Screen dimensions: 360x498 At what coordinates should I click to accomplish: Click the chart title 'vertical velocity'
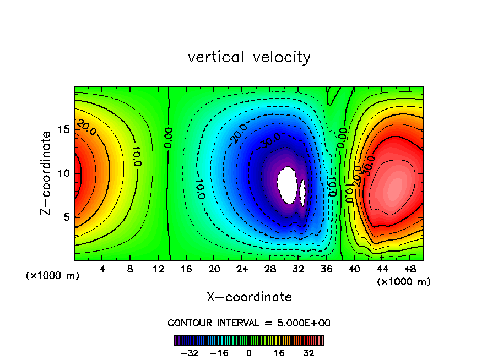[x=249, y=57]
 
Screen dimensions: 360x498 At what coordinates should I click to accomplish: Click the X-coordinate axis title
[x=249, y=297]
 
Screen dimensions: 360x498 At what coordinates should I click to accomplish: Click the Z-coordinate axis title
[x=47, y=173]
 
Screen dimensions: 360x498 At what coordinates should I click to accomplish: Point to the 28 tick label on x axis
[x=270, y=270]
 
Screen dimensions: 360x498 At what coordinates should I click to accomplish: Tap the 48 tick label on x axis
[x=409, y=270]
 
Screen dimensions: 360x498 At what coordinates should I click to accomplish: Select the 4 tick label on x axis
[x=102, y=270]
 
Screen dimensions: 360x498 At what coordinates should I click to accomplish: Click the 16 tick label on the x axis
[x=186, y=270]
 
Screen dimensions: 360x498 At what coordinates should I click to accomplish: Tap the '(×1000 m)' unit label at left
[x=53, y=276]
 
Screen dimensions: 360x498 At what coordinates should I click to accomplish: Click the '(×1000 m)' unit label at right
[x=404, y=282]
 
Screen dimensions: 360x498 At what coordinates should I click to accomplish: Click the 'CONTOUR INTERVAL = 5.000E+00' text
[x=249, y=323]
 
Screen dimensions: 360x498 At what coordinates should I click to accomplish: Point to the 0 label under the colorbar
[x=249, y=353]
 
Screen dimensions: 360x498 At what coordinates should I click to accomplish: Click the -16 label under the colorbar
[x=219, y=353]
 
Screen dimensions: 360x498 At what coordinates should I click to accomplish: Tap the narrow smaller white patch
[x=302, y=192]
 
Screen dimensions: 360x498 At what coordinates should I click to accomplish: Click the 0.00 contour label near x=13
[x=169, y=137]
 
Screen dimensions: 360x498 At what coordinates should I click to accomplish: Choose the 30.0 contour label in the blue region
[x=271, y=140]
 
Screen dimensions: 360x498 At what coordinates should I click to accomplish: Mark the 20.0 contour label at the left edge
[x=86, y=127]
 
